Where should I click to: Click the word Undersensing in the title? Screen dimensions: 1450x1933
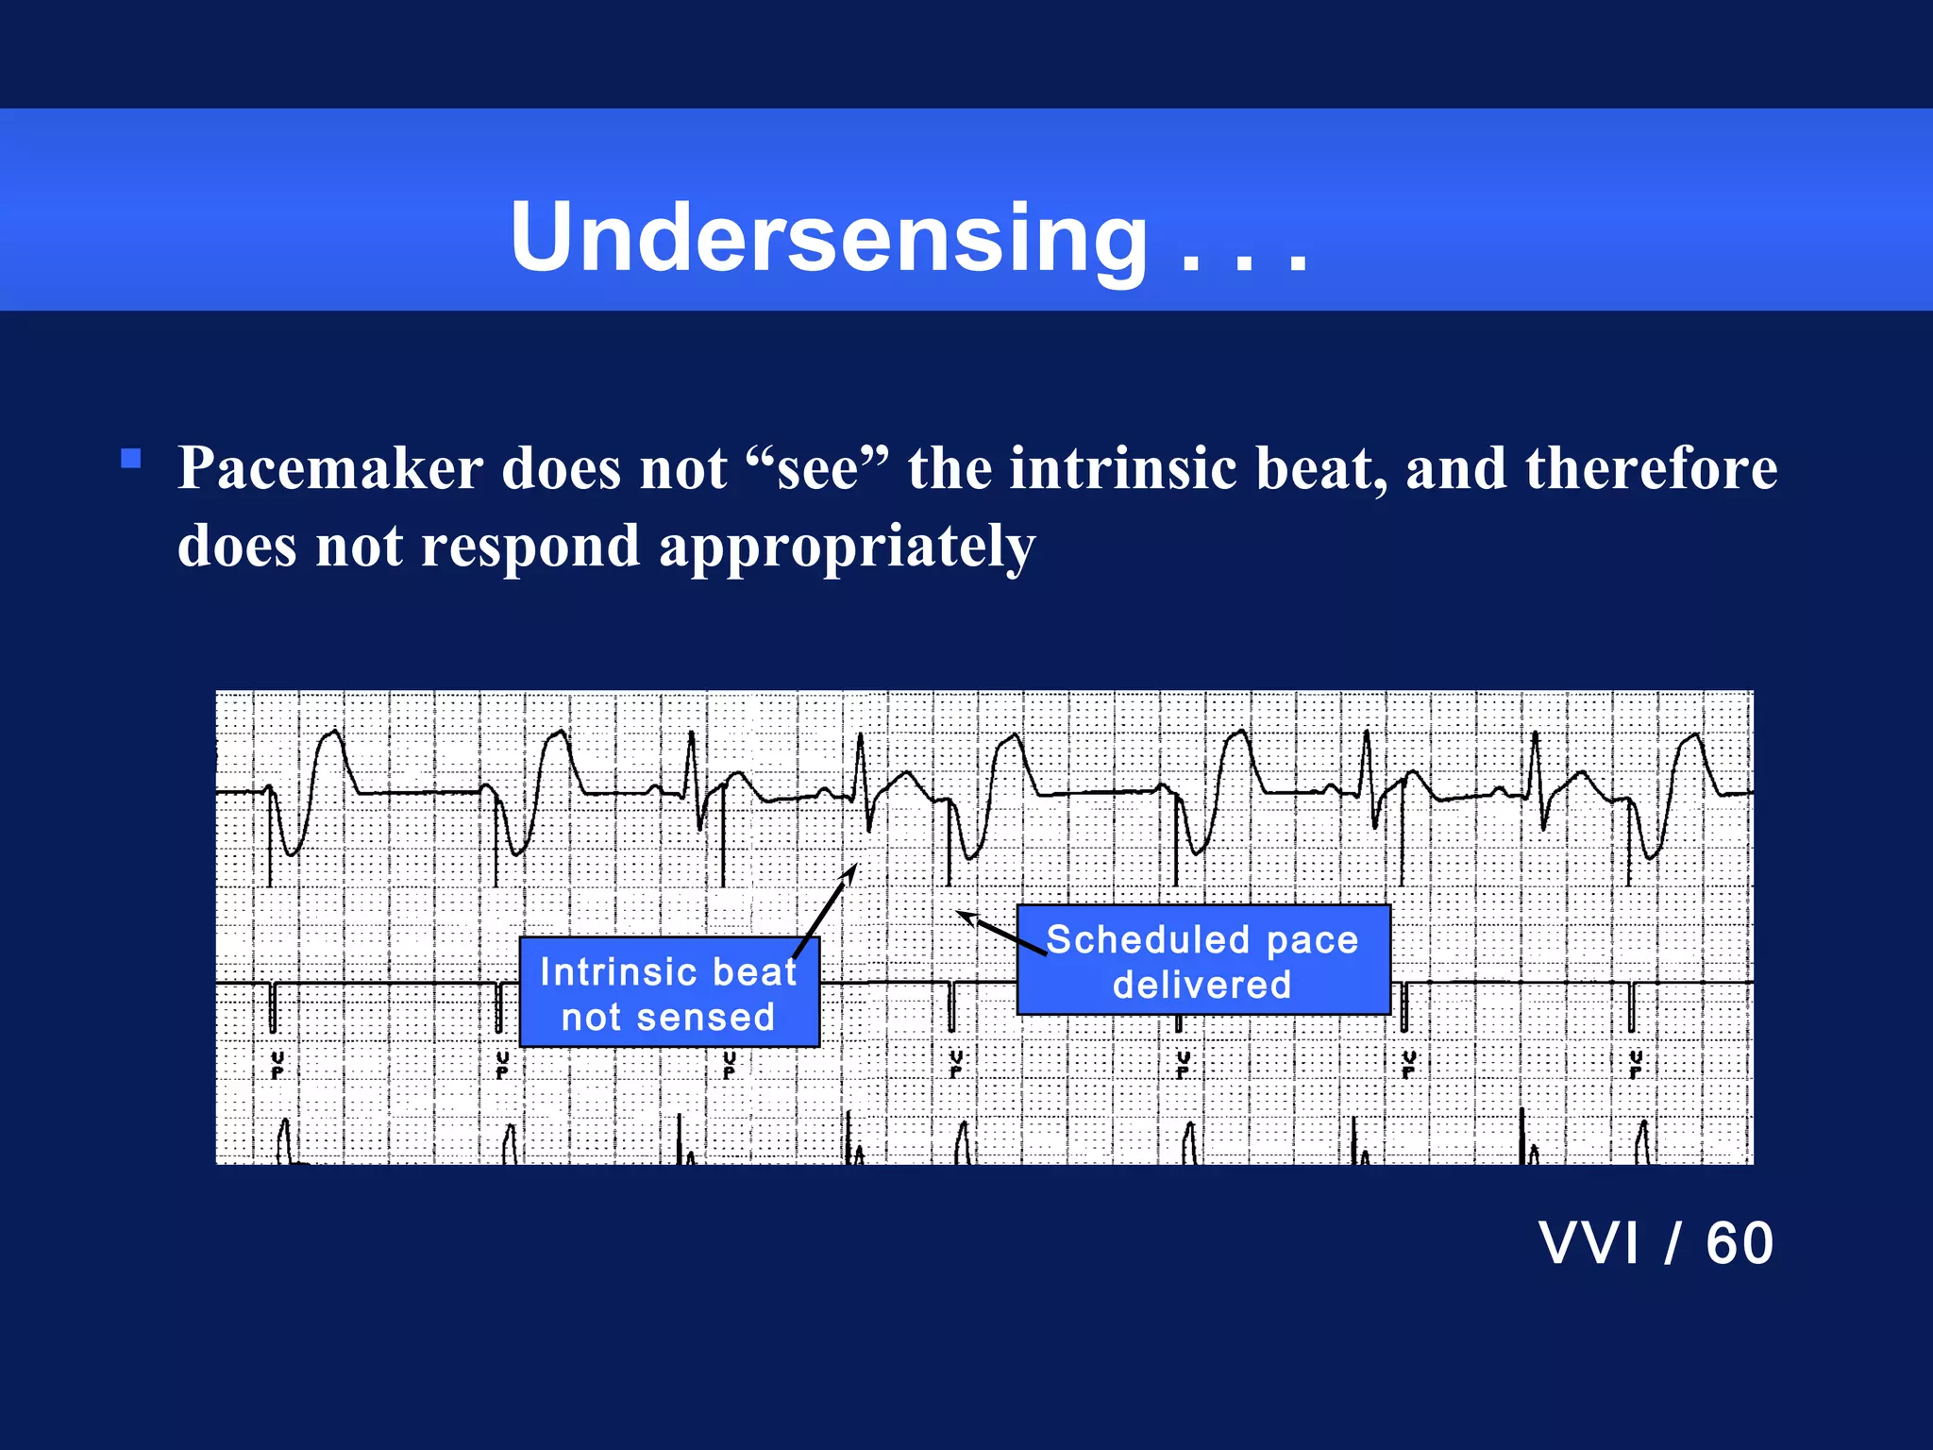tap(829, 238)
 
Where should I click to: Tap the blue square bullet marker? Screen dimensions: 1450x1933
tap(131, 460)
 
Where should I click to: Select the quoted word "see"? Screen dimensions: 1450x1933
tap(817, 468)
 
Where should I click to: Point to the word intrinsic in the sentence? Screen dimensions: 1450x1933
tap(1123, 468)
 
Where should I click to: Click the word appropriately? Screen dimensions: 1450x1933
tap(847, 548)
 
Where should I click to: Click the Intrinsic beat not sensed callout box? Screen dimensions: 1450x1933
tap(669, 993)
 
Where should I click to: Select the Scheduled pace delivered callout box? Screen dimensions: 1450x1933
tap(1202, 961)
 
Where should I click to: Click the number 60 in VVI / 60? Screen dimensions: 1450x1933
tap(1740, 1243)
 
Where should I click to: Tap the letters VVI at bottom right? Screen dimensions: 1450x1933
tap(1588, 1243)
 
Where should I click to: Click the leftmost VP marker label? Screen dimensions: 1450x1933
tap(277, 1064)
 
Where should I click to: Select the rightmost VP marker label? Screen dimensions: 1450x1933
tap(1636, 1064)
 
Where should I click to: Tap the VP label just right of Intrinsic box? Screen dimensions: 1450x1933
tap(956, 1064)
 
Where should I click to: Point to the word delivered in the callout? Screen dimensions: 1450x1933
tap(1202, 986)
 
